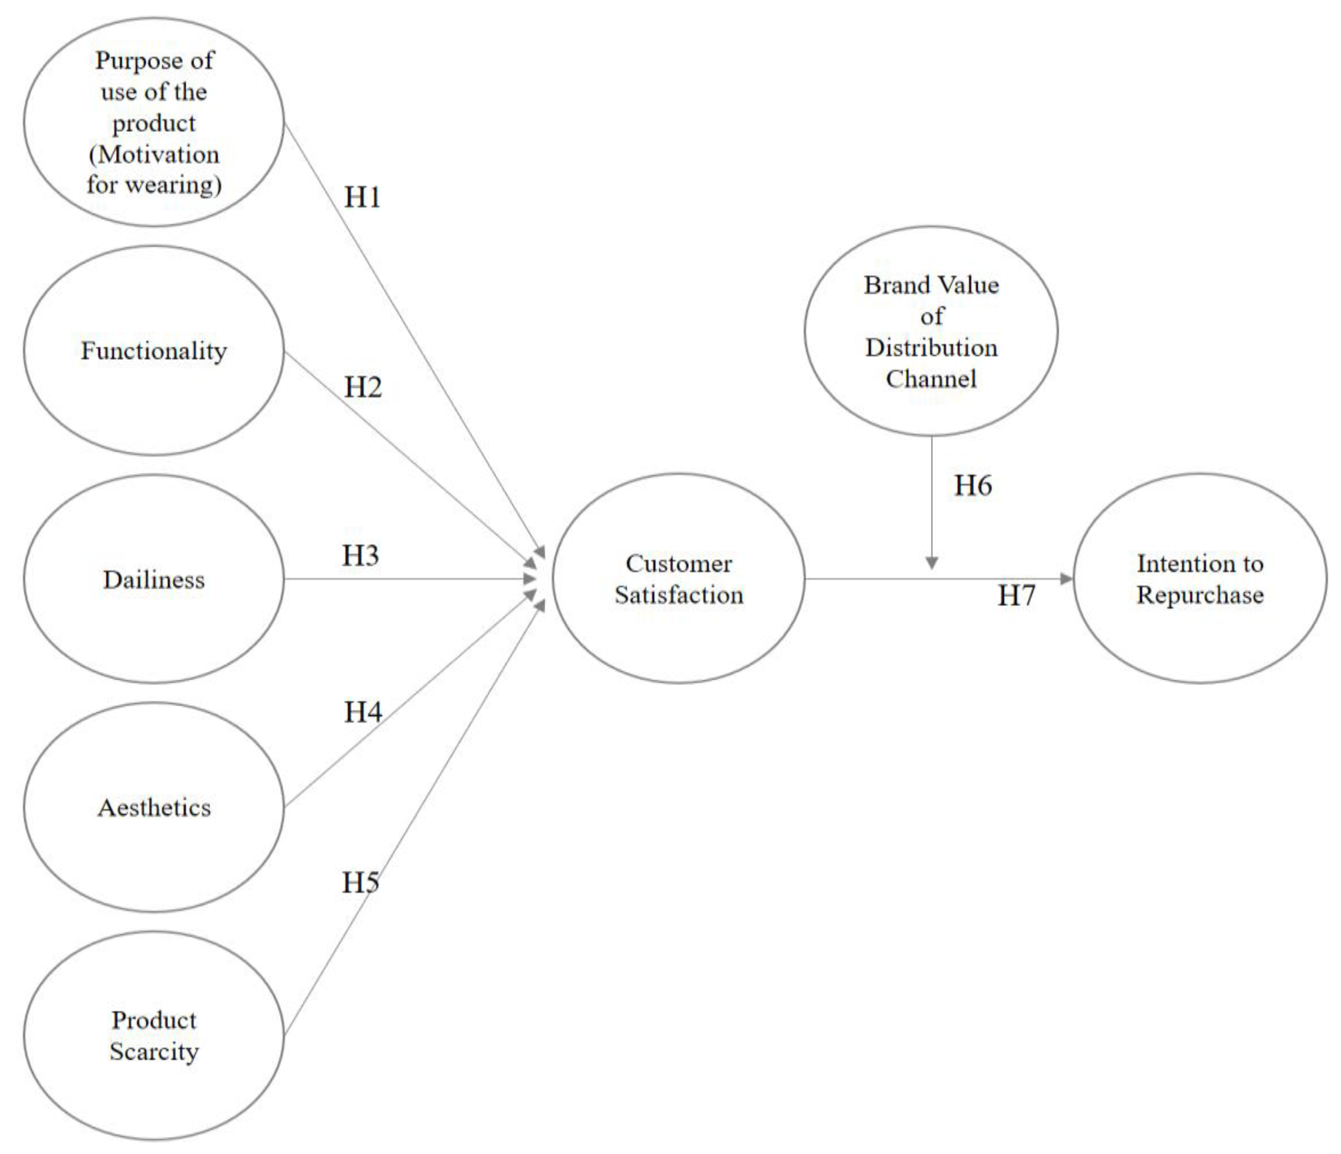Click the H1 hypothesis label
pyautogui.click(x=362, y=197)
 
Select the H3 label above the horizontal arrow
pyautogui.click(x=361, y=555)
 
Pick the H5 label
pyautogui.click(x=361, y=882)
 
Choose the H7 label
pyautogui.click(x=1016, y=595)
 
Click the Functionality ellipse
pyautogui.click(x=154, y=350)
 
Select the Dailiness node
pyautogui.click(x=154, y=579)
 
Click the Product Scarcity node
pyautogui.click(x=154, y=1036)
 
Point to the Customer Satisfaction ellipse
pyautogui.click(x=678, y=579)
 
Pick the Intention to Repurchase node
pyautogui.click(x=1200, y=579)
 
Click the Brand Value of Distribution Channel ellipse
pyautogui.click(x=931, y=331)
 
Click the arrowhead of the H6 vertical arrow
pyautogui.click(x=932, y=563)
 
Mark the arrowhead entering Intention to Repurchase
pyautogui.click(x=1067, y=579)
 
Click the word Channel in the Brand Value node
pyautogui.click(x=931, y=378)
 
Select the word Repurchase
pyautogui.click(x=1200, y=595)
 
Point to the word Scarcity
pyautogui.click(x=154, y=1052)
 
